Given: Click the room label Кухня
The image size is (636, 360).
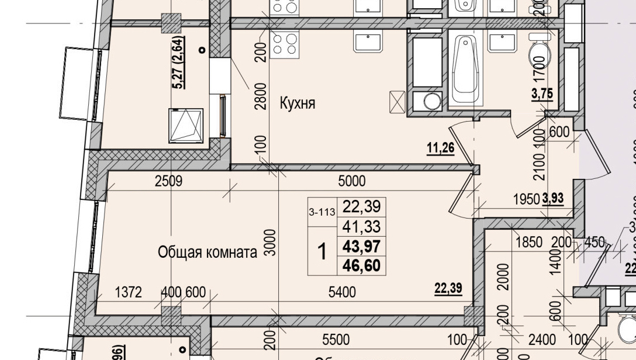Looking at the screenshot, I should [298, 104].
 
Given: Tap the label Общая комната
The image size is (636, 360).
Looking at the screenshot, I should [208, 252].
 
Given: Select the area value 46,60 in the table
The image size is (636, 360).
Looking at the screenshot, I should [361, 282].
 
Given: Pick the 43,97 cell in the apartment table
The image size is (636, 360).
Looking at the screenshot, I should [361, 264].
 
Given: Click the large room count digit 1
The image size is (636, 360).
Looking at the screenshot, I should [322, 252].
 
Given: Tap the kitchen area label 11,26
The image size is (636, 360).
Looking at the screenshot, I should [441, 148].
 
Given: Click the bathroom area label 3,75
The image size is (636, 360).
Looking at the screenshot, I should [541, 94].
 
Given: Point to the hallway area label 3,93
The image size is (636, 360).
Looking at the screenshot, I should [552, 199].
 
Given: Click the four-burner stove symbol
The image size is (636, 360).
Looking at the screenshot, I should [284, 43].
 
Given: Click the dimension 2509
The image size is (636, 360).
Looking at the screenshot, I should [168, 181].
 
